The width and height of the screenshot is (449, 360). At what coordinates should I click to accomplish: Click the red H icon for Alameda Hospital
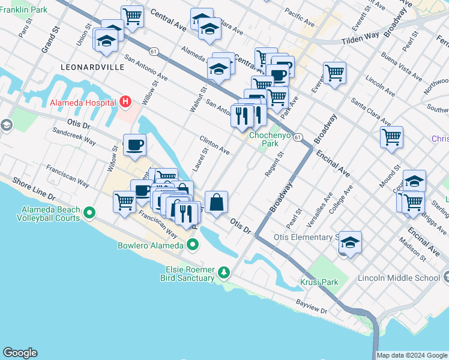click(125, 102)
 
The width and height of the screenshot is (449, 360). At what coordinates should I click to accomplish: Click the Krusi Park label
click(319, 282)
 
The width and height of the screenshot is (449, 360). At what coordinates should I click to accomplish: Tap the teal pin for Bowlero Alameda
click(193, 245)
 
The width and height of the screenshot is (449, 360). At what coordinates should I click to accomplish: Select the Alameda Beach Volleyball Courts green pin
click(89, 212)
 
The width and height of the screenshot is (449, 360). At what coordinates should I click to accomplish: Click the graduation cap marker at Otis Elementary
click(351, 242)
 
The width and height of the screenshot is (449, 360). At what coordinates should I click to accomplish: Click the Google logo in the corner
click(20, 353)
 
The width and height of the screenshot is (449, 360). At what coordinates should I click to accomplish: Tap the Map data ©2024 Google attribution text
click(411, 355)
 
